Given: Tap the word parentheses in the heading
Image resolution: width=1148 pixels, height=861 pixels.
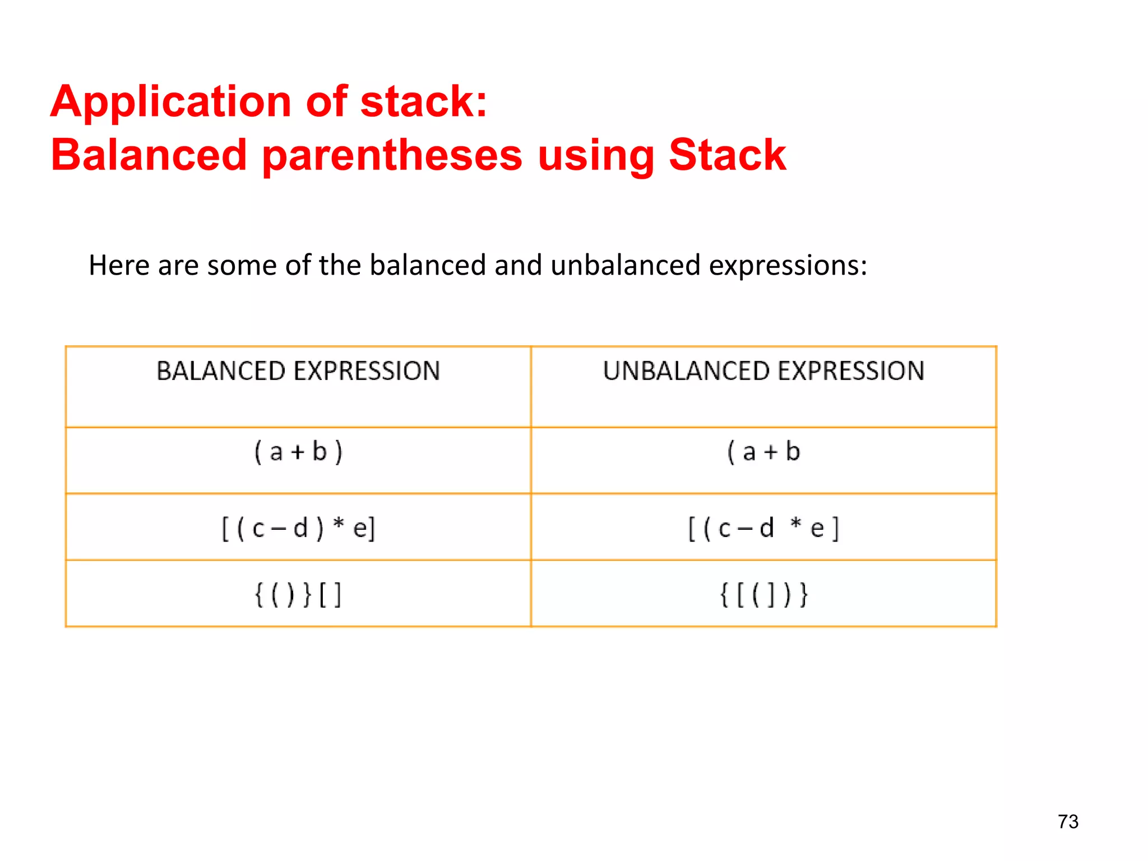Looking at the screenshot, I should pos(392,156).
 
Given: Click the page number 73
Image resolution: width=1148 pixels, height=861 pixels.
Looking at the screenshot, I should pos(1068,822).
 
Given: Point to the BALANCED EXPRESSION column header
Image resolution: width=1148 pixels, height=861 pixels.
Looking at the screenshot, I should pos(298,371).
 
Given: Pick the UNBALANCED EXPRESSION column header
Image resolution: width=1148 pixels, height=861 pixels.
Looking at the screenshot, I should pos(763,371).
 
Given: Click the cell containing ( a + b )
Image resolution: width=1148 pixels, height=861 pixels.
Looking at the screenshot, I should pos(298,452).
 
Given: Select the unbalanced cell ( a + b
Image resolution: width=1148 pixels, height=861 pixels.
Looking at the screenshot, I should pos(763,452).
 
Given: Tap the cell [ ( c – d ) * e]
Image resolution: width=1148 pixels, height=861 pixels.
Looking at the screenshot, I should pos(298,529).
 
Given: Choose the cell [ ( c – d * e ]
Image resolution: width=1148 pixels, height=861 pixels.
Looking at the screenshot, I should pos(763,529).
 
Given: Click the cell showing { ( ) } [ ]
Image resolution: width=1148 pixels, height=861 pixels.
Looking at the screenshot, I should pos(298,595).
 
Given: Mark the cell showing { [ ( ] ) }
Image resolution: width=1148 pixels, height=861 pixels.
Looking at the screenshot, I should pos(763,595).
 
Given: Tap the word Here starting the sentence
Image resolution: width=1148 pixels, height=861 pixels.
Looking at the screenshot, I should pos(119,265).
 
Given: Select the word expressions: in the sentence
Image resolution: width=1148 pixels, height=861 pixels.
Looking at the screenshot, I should pos(788,266).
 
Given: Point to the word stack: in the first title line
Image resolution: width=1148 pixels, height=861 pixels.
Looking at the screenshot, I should pos(424,102).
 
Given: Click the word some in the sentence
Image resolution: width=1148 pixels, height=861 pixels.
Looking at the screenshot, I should pos(242,265).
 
